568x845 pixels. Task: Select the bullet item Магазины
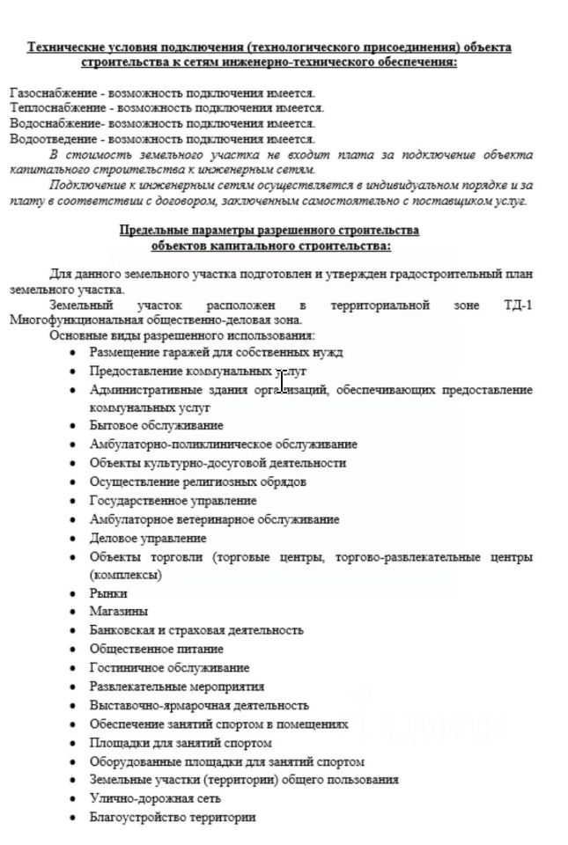[119, 611]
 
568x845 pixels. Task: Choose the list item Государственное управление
[173, 500]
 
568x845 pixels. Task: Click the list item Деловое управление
[148, 538]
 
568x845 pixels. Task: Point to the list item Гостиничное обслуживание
[169, 667]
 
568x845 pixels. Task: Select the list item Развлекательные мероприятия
[176, 686]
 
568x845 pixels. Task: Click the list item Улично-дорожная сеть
[155, 798]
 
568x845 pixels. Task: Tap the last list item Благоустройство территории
[173, 817]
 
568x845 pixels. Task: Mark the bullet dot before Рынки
[73, 594]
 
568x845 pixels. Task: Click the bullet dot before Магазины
[73, 612]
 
